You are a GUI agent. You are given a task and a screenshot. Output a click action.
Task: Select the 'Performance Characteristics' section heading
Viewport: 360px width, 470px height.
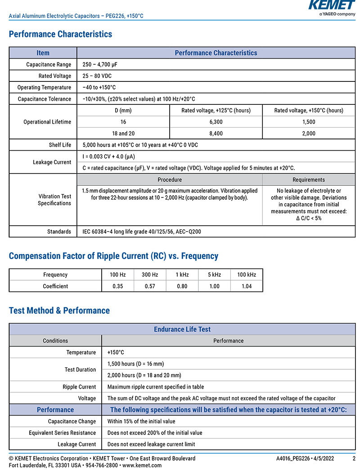click(x=60, y=34)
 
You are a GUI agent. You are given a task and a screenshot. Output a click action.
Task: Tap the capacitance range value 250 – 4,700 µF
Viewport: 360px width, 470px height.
click(x=100, y=65)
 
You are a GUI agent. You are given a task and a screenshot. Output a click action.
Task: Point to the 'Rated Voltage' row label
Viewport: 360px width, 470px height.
click(x=55, y=76)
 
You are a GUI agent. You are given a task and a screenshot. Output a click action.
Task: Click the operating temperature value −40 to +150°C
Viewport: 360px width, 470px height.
click(x=99, y=87)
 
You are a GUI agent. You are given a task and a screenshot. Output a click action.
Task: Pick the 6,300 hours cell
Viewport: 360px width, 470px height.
click(x=216, y=122)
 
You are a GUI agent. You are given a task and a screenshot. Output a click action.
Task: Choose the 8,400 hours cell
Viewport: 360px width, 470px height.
click(x=216, y=134)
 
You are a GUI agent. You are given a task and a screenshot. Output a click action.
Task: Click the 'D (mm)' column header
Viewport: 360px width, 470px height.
click(x=123, y=111)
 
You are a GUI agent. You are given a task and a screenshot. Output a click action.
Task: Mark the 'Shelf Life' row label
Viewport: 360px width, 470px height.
click(x=60, y=145)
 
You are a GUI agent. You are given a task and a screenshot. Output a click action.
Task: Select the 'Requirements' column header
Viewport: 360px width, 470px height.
click(x=309, y=180)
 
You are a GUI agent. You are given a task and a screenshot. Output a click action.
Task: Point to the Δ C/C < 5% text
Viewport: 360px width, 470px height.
click(x=309, y=218)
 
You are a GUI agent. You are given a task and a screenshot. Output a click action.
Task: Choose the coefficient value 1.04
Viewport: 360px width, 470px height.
click(x=247, y=286)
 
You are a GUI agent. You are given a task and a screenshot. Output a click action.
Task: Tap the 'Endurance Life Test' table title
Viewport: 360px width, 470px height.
click(x=182, y=329)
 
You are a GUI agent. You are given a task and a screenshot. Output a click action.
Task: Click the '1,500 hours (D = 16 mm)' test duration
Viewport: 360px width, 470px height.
click(x=135, y=364)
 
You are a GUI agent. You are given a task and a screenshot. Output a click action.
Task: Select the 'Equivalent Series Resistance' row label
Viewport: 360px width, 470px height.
click(x=63, y=433)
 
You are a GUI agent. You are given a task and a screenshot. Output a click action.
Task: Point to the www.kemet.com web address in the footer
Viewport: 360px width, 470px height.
click(x=142, y=465)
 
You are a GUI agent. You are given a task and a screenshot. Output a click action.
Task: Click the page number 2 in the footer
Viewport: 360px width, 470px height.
click(x=354, y=458)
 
